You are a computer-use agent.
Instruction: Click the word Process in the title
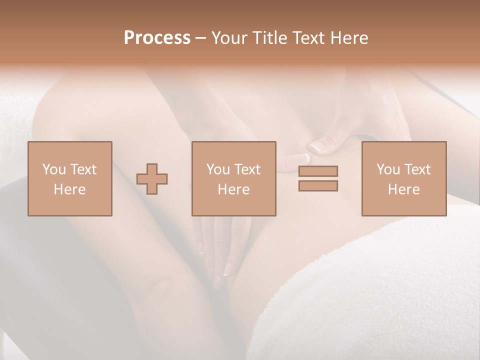pos(157,38)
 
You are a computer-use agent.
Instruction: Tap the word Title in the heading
pos(269,38)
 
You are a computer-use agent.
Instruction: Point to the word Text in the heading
pos(309,38)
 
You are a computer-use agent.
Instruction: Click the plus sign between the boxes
pos(152,179)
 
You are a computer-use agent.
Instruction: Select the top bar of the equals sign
pos(318,171)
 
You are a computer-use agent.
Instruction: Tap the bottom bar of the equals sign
pos(318,185)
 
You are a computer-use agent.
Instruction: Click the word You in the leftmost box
pos(54,169)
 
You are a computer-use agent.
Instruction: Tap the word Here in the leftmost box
pos(69,189)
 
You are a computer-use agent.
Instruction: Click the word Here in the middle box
pos(233,189)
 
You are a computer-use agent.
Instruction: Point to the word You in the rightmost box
pos(388,169)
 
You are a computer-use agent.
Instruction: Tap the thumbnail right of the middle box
pos(318,146)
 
